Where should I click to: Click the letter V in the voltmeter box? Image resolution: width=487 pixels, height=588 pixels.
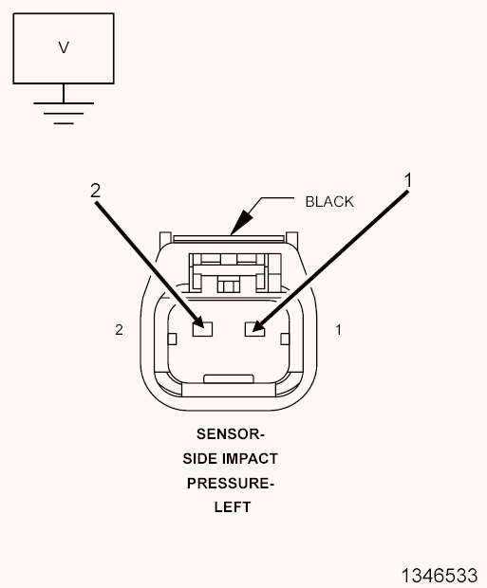[64, 47]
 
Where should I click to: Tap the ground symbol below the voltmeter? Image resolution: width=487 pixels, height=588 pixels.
[64, 113]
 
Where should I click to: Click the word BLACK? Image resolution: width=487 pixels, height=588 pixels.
[329, 202]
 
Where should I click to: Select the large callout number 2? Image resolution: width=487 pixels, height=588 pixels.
[95, 191]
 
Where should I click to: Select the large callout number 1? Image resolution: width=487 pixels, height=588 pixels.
[408, 180]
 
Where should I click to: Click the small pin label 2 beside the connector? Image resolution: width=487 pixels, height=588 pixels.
[119, 330]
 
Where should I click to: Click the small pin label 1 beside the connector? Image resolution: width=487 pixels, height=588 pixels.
[338, 330]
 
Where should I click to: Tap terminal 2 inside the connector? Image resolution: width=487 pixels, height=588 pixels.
[202, 329]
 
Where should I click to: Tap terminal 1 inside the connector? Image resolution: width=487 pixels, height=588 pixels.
[254, 329]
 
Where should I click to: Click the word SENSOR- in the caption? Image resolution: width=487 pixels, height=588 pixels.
[231, 433]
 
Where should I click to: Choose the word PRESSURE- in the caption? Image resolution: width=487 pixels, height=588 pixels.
[231, 484]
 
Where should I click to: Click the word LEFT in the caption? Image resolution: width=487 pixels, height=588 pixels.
[233, 507]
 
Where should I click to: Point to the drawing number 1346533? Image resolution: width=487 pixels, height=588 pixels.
[440, 576]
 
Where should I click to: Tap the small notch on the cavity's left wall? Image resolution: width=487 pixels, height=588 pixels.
[172, 339]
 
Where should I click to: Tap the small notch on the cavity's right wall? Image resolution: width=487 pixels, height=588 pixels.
[286, 339]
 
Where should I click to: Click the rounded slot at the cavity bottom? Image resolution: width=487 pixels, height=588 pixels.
[229, 378]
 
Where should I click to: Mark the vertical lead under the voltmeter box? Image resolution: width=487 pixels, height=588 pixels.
[64, 93]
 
